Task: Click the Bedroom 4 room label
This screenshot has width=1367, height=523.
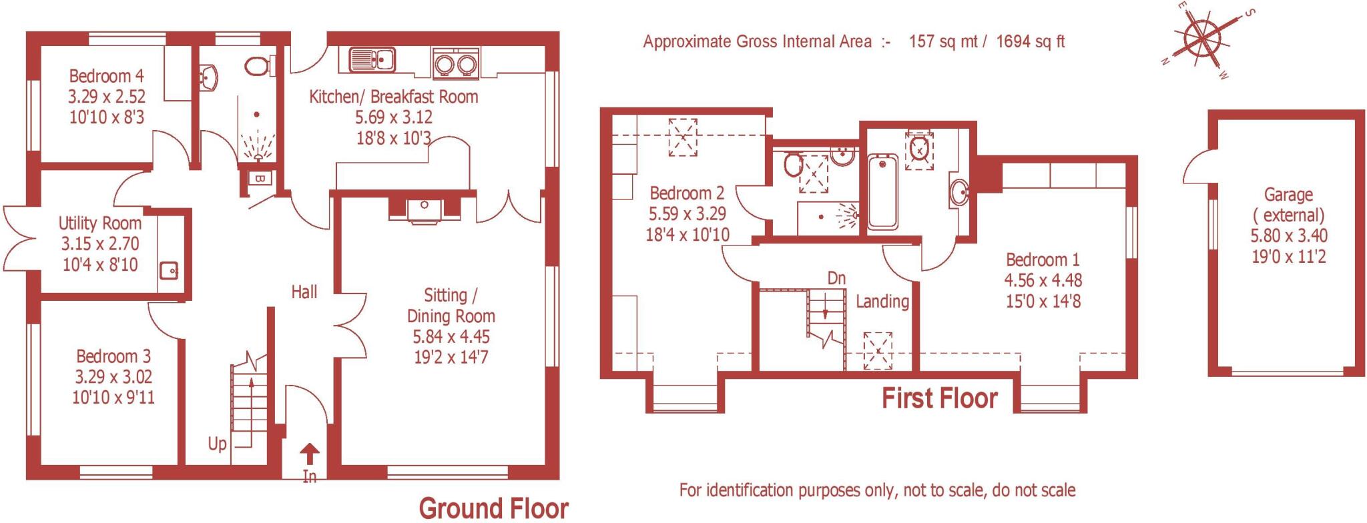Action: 106,76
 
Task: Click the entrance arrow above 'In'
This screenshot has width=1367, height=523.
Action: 310,455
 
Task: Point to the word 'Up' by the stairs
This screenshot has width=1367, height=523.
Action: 217,444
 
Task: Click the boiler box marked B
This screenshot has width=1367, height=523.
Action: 260,179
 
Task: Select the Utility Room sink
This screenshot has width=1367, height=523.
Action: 169,271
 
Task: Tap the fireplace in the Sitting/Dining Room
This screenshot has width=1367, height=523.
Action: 425,209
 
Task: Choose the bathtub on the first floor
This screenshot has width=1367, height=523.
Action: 883,192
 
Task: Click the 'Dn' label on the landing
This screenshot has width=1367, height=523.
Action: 836,278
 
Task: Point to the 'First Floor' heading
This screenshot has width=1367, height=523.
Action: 939,399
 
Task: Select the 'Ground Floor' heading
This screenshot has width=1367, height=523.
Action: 493,508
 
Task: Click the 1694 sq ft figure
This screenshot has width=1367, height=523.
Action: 1030,42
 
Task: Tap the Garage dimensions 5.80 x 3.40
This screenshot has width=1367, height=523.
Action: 1288,235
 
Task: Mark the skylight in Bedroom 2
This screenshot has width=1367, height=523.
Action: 683,137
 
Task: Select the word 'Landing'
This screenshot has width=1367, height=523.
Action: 882,302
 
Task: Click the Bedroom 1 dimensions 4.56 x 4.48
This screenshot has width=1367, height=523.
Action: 1043,280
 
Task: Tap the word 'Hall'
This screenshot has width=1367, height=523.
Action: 304,292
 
